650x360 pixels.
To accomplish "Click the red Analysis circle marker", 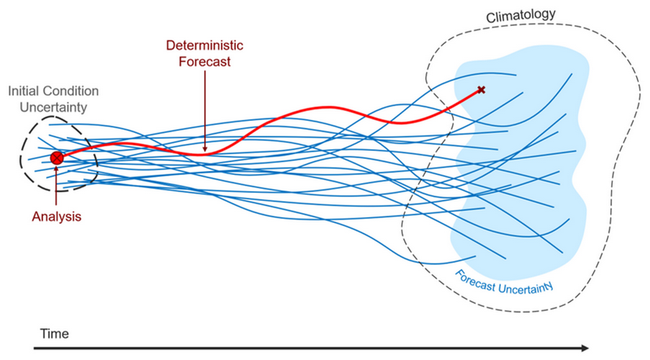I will pyautogui.click(x=56, y=158).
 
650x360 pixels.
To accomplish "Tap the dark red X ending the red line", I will pyautogui.click(x=481, y=89).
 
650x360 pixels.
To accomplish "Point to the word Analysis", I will pyautogui.click(x=57, y=216).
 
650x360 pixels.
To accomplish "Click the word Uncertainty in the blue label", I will pyautogui.click(x=528, y=285).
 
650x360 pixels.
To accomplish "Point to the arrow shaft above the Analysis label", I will pyautogui.click(x=56, y=191).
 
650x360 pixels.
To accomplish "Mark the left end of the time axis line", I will pyautogui.click(x=34, y=349).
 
